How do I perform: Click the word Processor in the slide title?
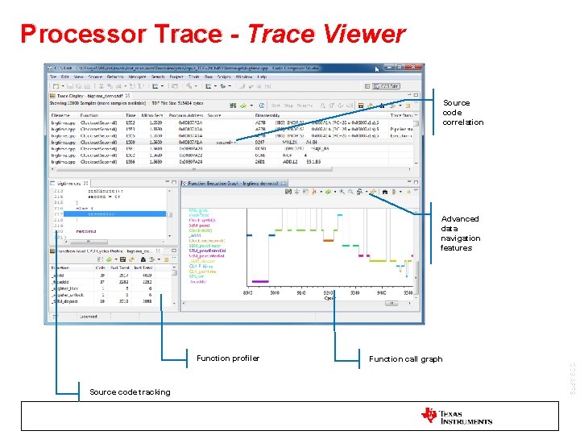pos(73,34)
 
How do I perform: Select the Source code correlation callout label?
pos(462,113)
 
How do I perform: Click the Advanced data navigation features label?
pos(461,233)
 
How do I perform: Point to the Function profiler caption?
pos(228,358)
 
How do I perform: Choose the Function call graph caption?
pos(405,359)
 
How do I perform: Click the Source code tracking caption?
pos(130,392)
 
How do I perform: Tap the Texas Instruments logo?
pos(456,416)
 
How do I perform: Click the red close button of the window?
pos(414,68)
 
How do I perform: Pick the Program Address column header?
pos(183,115)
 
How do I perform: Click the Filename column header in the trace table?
pos(61,115)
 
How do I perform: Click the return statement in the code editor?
pos(87,230)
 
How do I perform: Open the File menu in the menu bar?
pos(53,77)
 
